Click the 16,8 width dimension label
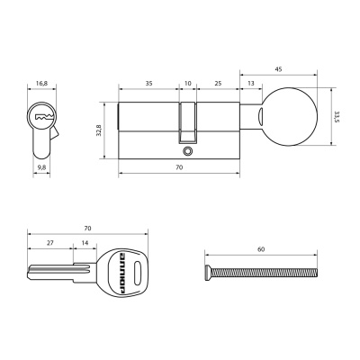(x=41, y=84)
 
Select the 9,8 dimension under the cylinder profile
(x=41, y=167)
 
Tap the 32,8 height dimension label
(x=99, y=130)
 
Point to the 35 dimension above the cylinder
(x=148, y=83)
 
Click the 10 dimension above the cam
(x=187, y=83)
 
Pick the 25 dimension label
(x=218, y=83)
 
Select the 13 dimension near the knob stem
(x=251, y=83)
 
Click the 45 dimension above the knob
(x=278, y=69)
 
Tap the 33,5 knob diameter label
(x=337, y=117)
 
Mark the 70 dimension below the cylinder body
(x=179, y=167)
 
